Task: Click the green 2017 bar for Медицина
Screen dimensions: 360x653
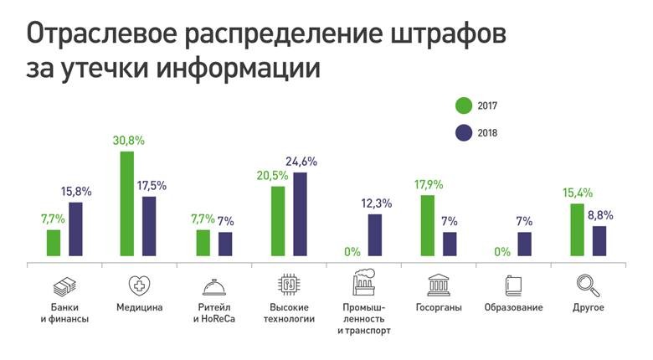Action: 127,203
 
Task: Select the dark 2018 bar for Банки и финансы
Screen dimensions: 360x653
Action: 75,229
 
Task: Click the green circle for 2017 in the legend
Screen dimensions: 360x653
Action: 464,105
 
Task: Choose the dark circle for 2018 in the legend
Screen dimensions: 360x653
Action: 464,132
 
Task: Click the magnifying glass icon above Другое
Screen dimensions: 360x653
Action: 589,285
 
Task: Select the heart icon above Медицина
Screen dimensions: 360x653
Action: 138,285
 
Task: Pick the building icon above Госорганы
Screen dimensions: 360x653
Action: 438,285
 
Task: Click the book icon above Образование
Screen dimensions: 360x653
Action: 512,285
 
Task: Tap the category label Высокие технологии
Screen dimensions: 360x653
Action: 289,313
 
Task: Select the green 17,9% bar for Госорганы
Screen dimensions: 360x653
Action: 427,224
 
